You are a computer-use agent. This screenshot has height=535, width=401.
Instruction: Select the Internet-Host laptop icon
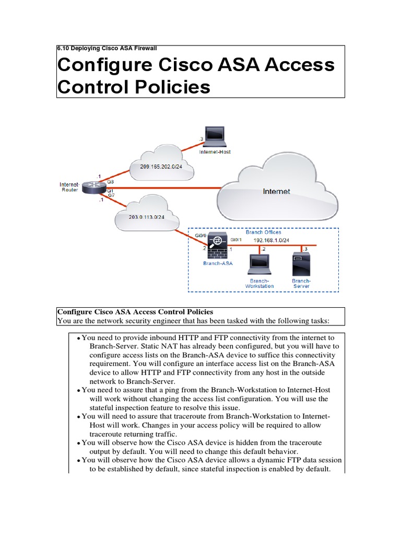215,137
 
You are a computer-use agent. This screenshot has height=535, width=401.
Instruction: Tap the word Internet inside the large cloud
276,192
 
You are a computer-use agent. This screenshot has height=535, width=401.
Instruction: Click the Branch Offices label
264,232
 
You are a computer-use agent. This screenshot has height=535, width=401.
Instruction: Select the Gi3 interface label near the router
110,181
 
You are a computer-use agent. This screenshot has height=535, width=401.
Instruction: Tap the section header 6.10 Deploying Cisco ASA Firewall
107,48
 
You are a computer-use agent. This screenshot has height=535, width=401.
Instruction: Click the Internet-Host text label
215,152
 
